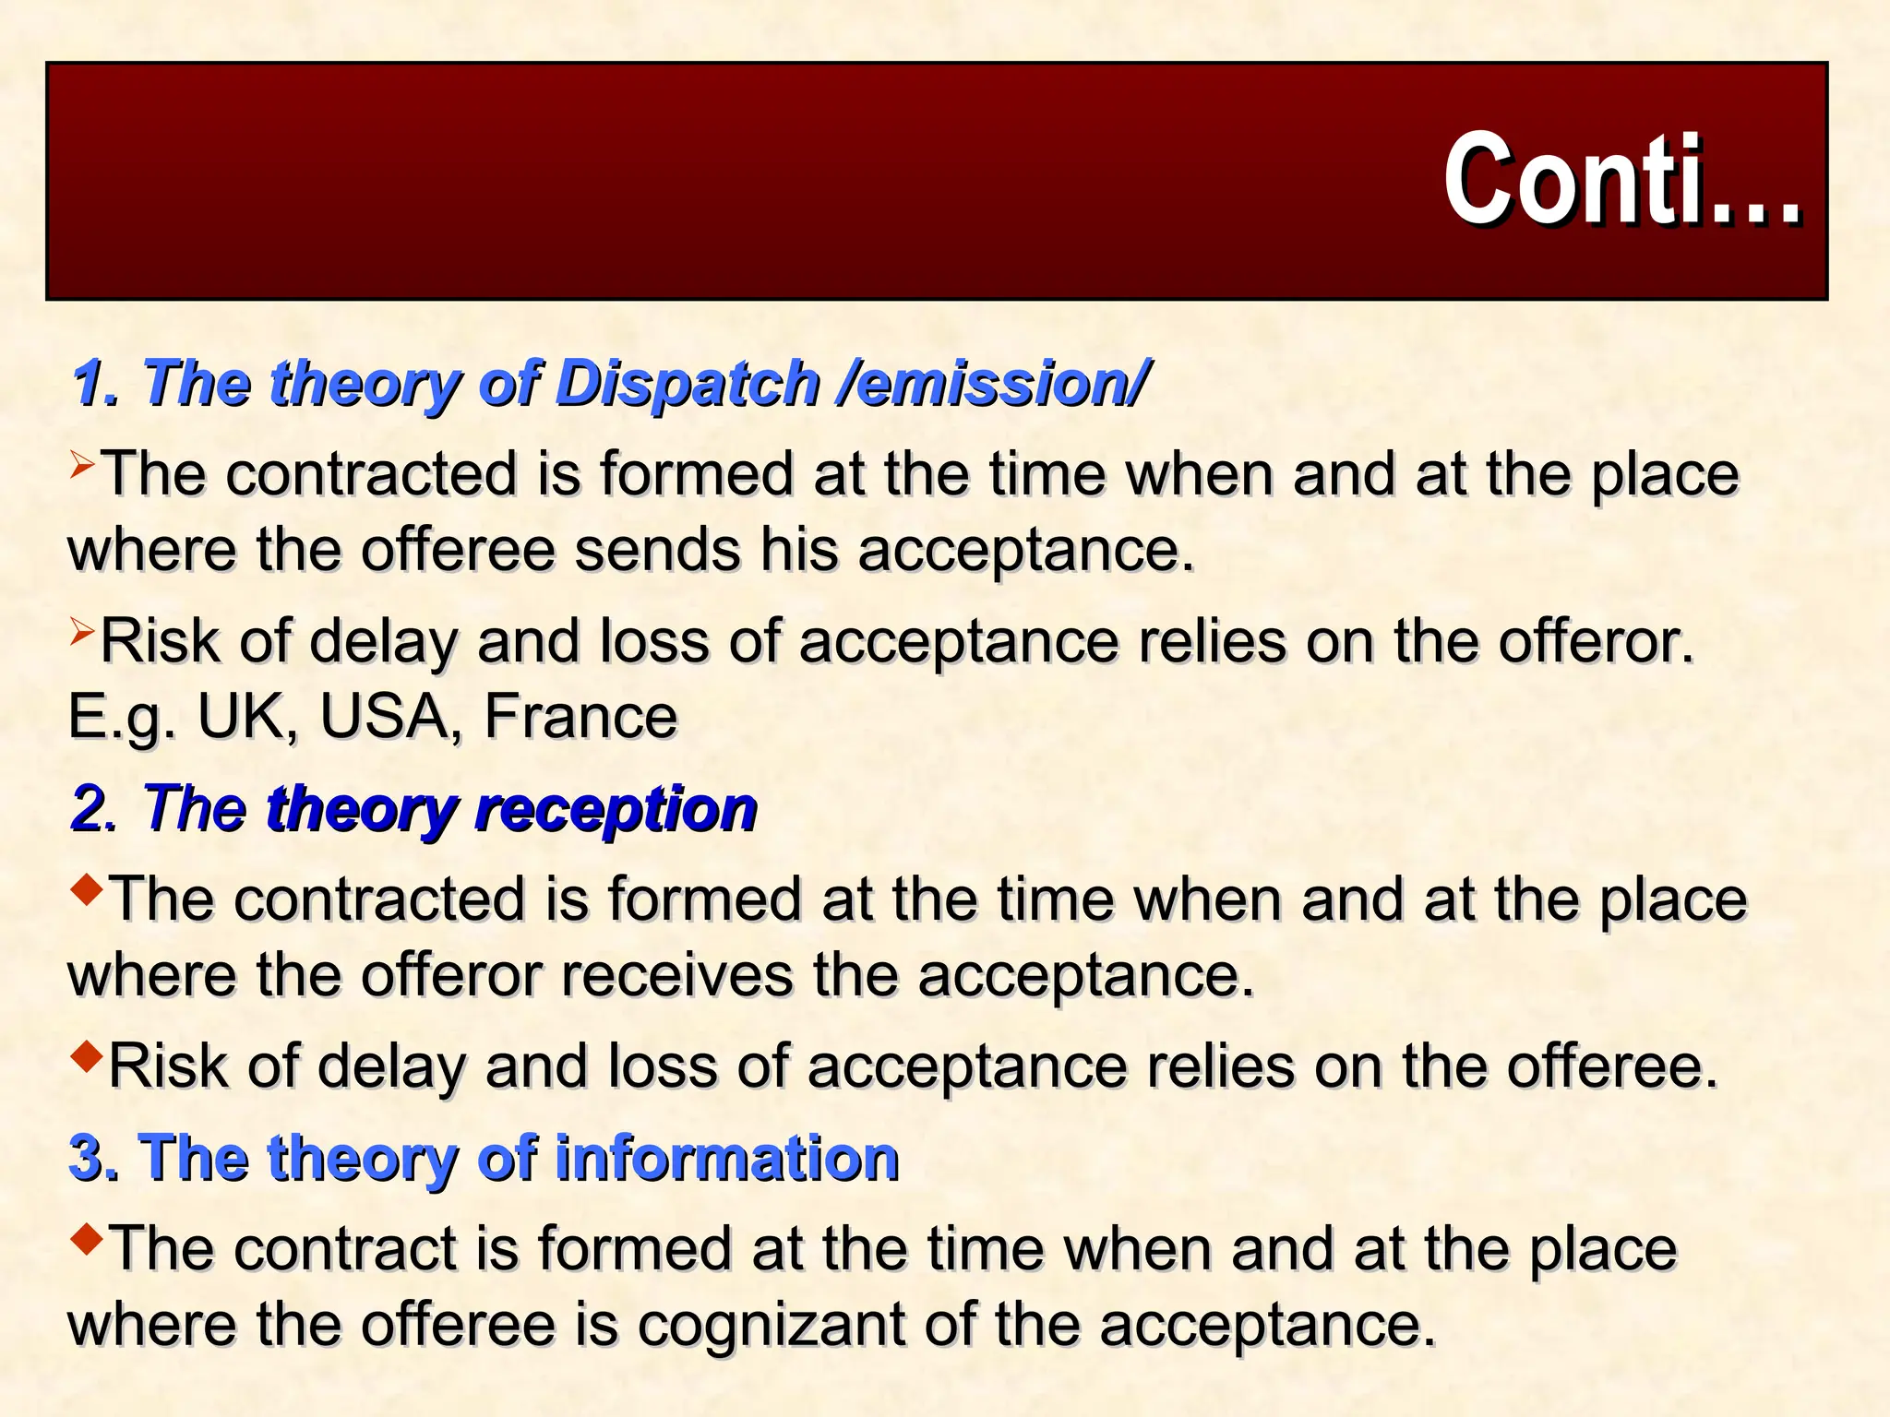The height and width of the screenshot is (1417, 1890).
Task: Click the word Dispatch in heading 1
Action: click(x=688, y=383)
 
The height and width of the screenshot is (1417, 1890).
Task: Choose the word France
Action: click(x=580, y=717)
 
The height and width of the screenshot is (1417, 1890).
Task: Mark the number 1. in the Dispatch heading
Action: click(x=94, y=383)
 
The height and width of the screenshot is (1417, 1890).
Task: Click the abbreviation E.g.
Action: click(x=122, y=717)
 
